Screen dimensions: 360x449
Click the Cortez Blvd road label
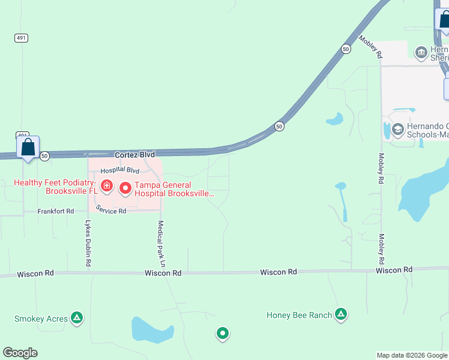pyautogui.click(x=130, y=155)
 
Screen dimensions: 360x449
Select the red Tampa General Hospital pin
pyautogui.click(x=125, y=188)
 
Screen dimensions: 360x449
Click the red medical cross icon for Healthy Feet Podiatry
pyautogui.click(x=107, y=187)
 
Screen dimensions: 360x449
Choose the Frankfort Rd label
pyautogui.click(x=55, y=211)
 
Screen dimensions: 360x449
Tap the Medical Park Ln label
pyautogui.click(x=161, y=243)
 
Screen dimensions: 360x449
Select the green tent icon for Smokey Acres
pyautogui.click(x=77, y=317)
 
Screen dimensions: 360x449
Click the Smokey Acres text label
pyautogui.click(x=41, y=319)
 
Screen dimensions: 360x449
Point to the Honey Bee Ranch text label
pyautogui.click(x=299, y=315)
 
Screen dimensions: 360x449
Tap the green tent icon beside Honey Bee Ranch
pyautogui.click(x=341, y=314)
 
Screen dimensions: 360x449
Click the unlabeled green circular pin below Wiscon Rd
pyautogui.click(x=223, y=333)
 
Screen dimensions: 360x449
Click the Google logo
pyautogui.click(x=20, y=353)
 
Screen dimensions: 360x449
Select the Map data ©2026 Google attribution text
pyautogui.click(x=412, y=355)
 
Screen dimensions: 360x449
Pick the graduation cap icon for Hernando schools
pyautogui.click(x=397, y=129)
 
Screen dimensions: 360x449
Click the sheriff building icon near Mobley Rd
pyautogui.click(x=421, y=54)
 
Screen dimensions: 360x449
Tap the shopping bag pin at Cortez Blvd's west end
pyautogui.click(x=28, y=147)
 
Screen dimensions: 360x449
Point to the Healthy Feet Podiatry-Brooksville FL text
pyautogui.click(x=56, y=187)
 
